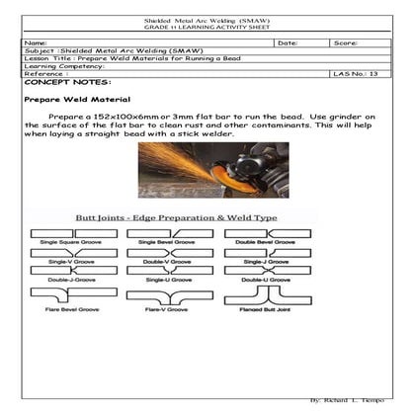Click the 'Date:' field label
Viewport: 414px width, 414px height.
[288, 44]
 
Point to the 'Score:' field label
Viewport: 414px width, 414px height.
[345, 44]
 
